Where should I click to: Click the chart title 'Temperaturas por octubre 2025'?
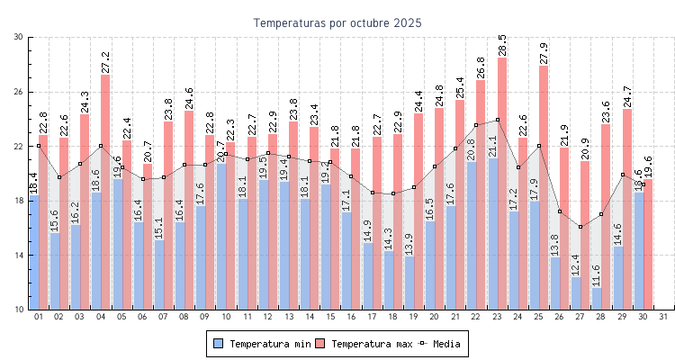coord(337,22)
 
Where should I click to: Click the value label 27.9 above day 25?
coord(544,53)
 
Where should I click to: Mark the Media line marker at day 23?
coord(497,120)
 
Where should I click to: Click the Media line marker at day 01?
coord(38,146)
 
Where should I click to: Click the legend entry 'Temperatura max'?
coord(364,344)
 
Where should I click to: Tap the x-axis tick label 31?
coord(663,317)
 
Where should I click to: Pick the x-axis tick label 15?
coord(329,317)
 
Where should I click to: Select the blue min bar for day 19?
coord(409,283)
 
